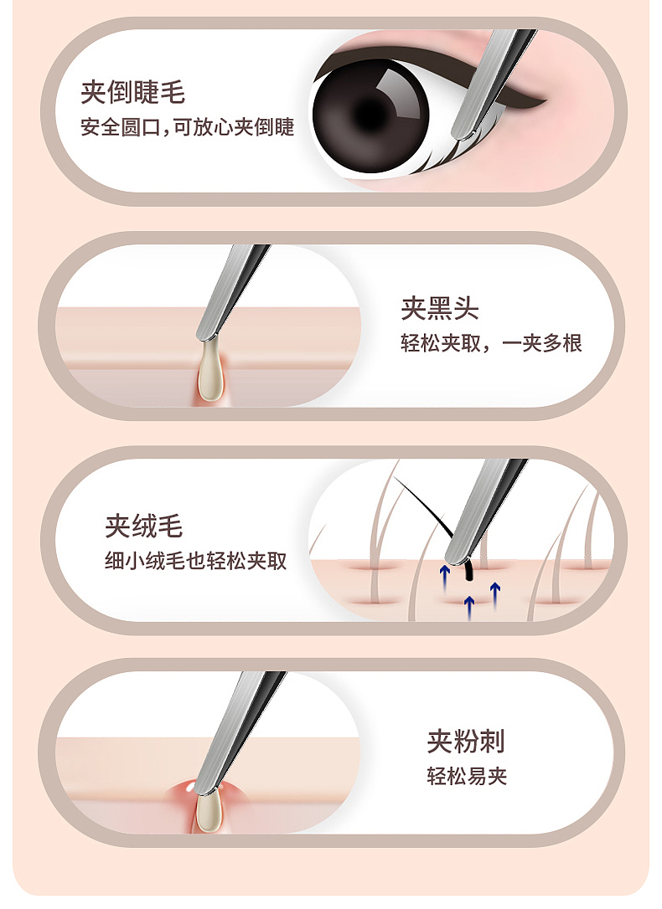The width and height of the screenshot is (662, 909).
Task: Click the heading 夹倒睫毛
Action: (132, 92)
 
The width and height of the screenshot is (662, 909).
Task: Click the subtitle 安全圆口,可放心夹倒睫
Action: (187, 128)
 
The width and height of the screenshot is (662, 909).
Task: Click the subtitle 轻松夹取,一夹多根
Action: (491, 343)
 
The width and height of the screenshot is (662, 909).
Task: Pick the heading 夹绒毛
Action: (143, 526)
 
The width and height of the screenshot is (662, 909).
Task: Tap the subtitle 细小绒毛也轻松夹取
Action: (194, 562)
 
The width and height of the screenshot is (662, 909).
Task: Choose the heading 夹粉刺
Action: (466, 741)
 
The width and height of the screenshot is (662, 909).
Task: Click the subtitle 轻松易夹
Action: (467, 776)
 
